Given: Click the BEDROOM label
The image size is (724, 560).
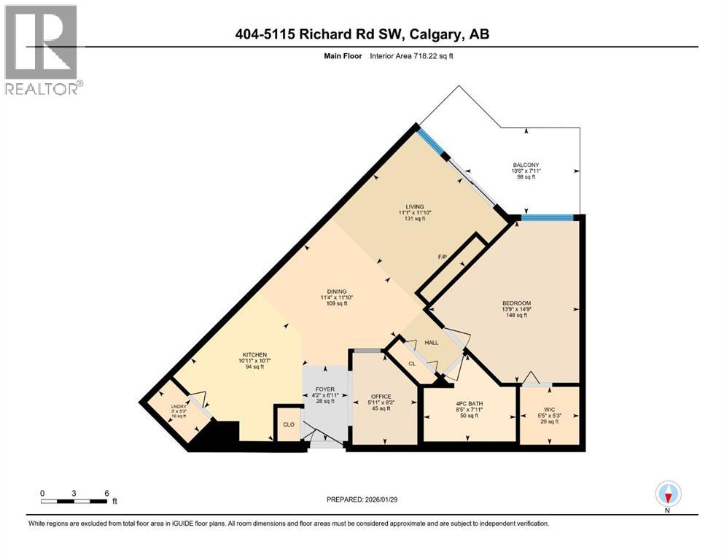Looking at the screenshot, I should point(516,303).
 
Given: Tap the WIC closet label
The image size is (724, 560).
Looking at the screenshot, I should point(548,409).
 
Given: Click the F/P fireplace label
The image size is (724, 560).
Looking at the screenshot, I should point(442,257).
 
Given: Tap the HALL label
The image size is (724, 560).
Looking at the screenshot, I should point(432,341).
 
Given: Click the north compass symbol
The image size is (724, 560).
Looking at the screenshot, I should point(668,494).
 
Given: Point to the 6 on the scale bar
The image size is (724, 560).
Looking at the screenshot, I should point(107,492).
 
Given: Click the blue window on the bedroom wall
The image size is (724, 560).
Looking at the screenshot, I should point(550,217).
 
